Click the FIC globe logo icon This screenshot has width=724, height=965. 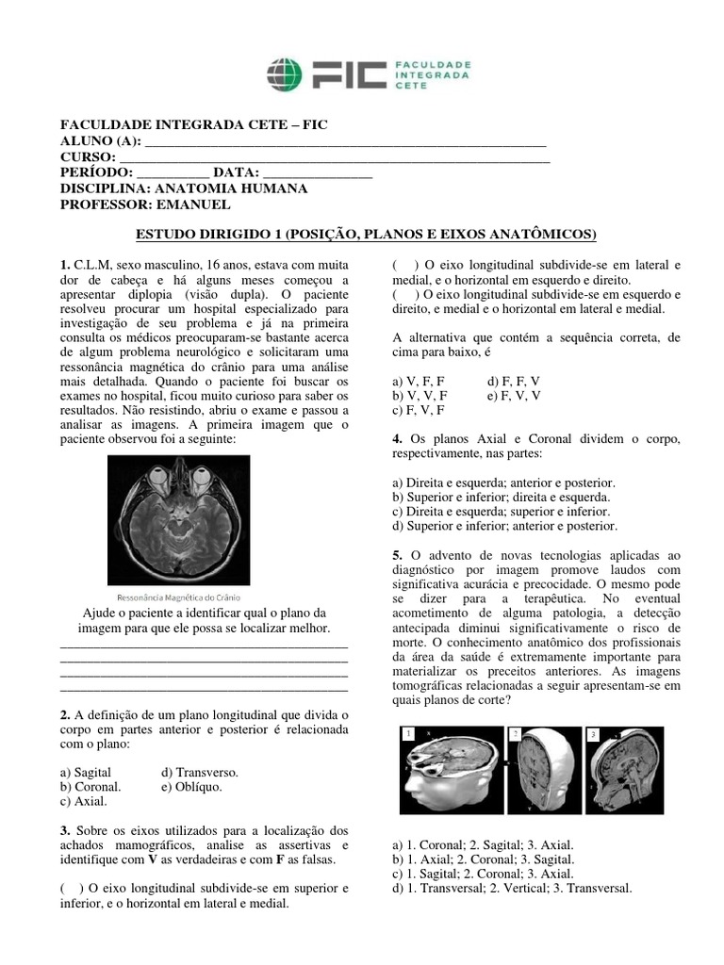tap(284, 74)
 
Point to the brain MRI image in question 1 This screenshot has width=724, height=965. tap(178, 518)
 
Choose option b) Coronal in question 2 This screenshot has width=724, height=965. tap(90, 786)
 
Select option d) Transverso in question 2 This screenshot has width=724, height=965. tap(200, 772)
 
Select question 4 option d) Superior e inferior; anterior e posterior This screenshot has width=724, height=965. tap(504, 526)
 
